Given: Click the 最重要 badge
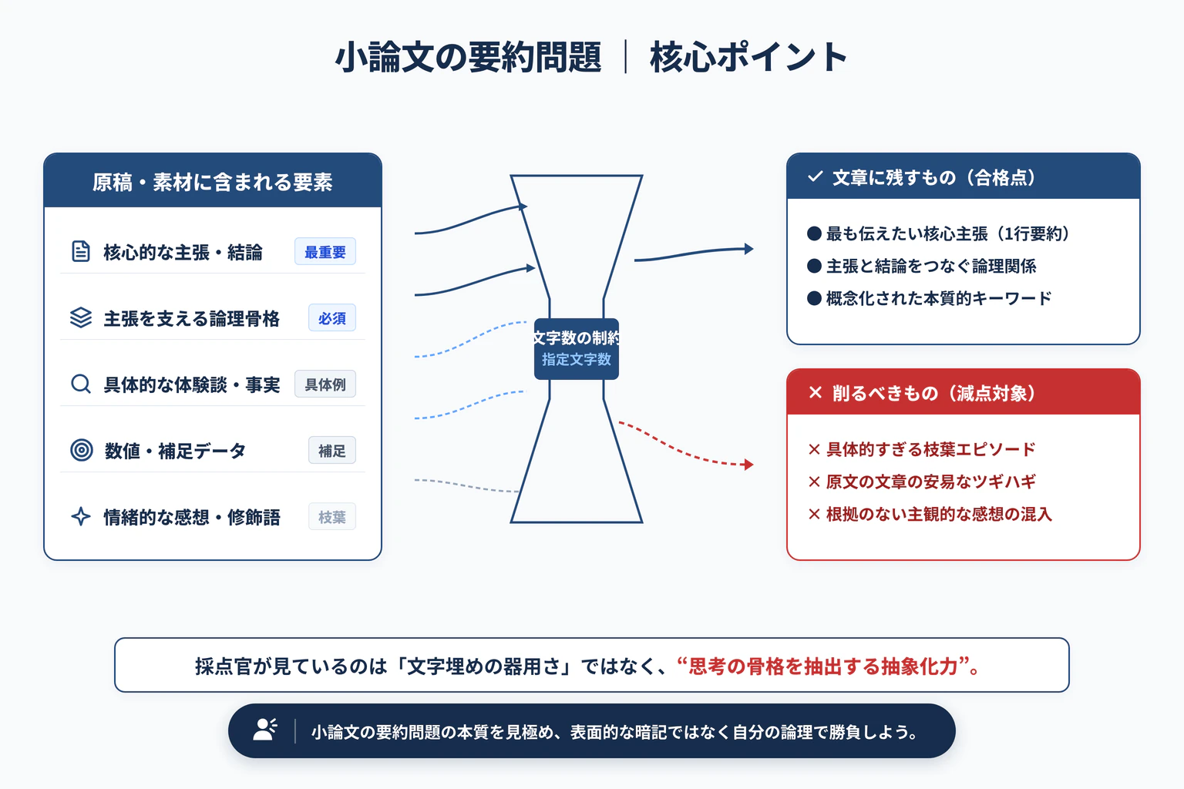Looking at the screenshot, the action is point(325,251).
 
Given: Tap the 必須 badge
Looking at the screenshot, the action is point(332,318).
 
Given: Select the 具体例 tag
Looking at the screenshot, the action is point(325,384).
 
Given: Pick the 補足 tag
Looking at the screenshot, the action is point(332,450).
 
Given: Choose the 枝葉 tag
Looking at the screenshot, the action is point(332,517).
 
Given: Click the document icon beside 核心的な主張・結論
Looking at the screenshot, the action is point(80,251).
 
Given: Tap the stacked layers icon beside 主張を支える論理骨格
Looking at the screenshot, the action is point(81,317).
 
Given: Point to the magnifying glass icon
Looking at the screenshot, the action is point(81,384).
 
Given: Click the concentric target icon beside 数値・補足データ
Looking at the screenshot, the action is point(82,450).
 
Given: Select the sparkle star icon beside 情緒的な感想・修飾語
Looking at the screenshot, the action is point(81,516).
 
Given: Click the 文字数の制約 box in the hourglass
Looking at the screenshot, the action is point(576,349).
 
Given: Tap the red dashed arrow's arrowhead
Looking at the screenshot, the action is point(748,465).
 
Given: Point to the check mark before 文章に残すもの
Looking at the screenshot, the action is point(815,176).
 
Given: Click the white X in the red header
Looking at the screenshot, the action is point(815,393).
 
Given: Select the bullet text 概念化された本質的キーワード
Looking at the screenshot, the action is point(939,299).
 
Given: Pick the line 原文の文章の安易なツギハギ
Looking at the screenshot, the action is point(931,482).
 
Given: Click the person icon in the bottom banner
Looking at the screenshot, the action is point(265,730).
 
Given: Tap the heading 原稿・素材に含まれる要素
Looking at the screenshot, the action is point(213,183).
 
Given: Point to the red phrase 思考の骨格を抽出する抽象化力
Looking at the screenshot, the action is point(823,666).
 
